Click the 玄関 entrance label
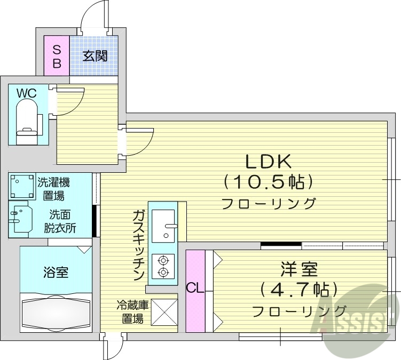coord(95,56)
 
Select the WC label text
coord(26,93)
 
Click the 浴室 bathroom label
coord(56,273)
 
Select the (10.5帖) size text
coord(268,182)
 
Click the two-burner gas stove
coord(163,266)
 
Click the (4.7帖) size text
coord(299,290)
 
